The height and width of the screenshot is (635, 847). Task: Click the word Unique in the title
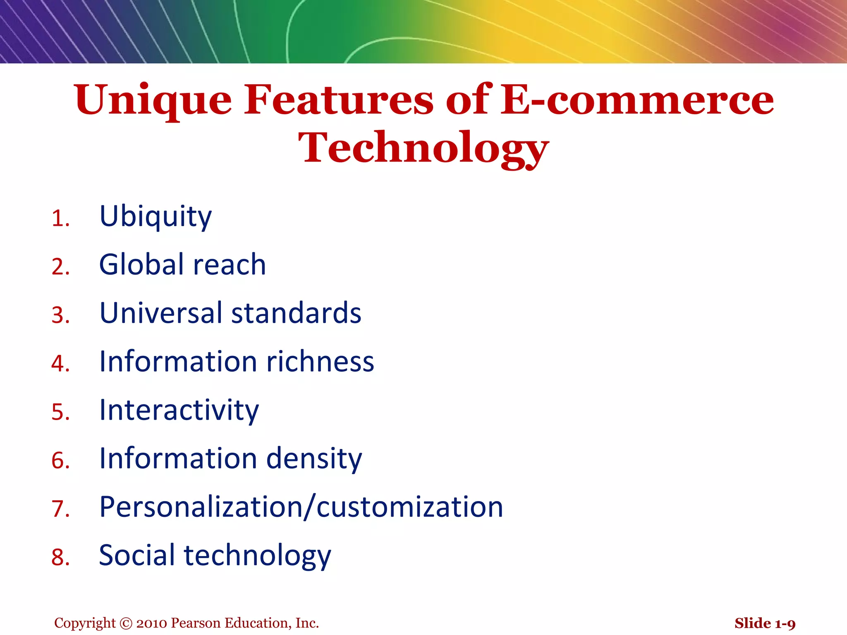pyautogui.click(x=153, y=100)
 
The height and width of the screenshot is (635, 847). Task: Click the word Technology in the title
pyautogui.click(x=423, y=148)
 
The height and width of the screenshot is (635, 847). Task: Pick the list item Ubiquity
pyautogui.click(x=156, y=217)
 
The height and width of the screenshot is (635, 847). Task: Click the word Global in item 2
pyautogui.click(x=141, y=265)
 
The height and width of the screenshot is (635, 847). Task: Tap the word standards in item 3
pyautogui.click(x=296, y=313)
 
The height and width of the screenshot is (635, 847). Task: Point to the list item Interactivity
pyautogui.click(x=179, y=411)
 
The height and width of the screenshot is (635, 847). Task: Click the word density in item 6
pyautogui.click(x=314, y=459)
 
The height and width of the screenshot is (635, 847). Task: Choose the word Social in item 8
pyautogui.click(x=137, y=555)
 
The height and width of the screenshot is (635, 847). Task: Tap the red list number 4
pyautogui.click(x=60, y=364)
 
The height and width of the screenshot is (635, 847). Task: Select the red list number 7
pyautogui.click(x=60, y=509)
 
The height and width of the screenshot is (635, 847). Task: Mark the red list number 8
pyautogui.click(x=60, y=557)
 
